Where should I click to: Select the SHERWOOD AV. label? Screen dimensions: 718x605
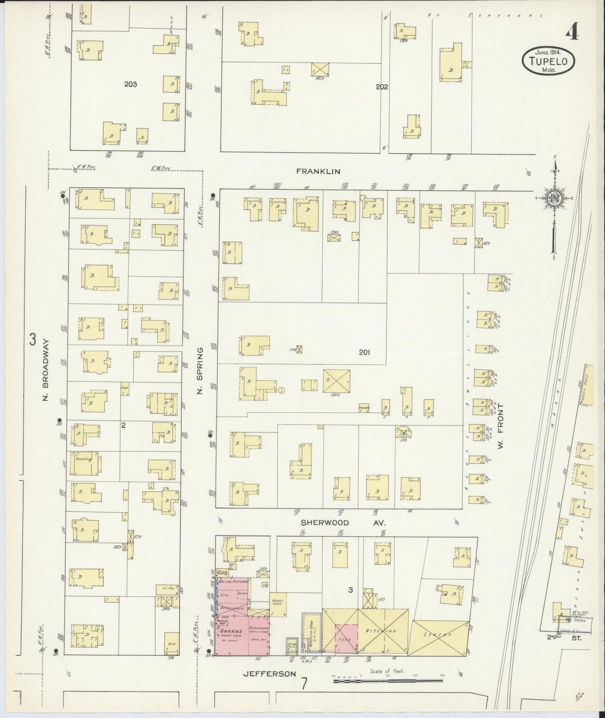pos(342,523)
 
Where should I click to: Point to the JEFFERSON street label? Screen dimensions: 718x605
pos(270,686)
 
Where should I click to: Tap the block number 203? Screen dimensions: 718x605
pos(131,84)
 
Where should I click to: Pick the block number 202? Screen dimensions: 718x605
pos(382,87)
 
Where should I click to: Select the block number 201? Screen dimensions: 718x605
pos(364,352)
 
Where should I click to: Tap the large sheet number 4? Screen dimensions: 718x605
pos(572,32)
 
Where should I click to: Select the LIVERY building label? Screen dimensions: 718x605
pos(439,635)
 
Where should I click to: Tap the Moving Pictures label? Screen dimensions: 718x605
pos(232,582)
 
